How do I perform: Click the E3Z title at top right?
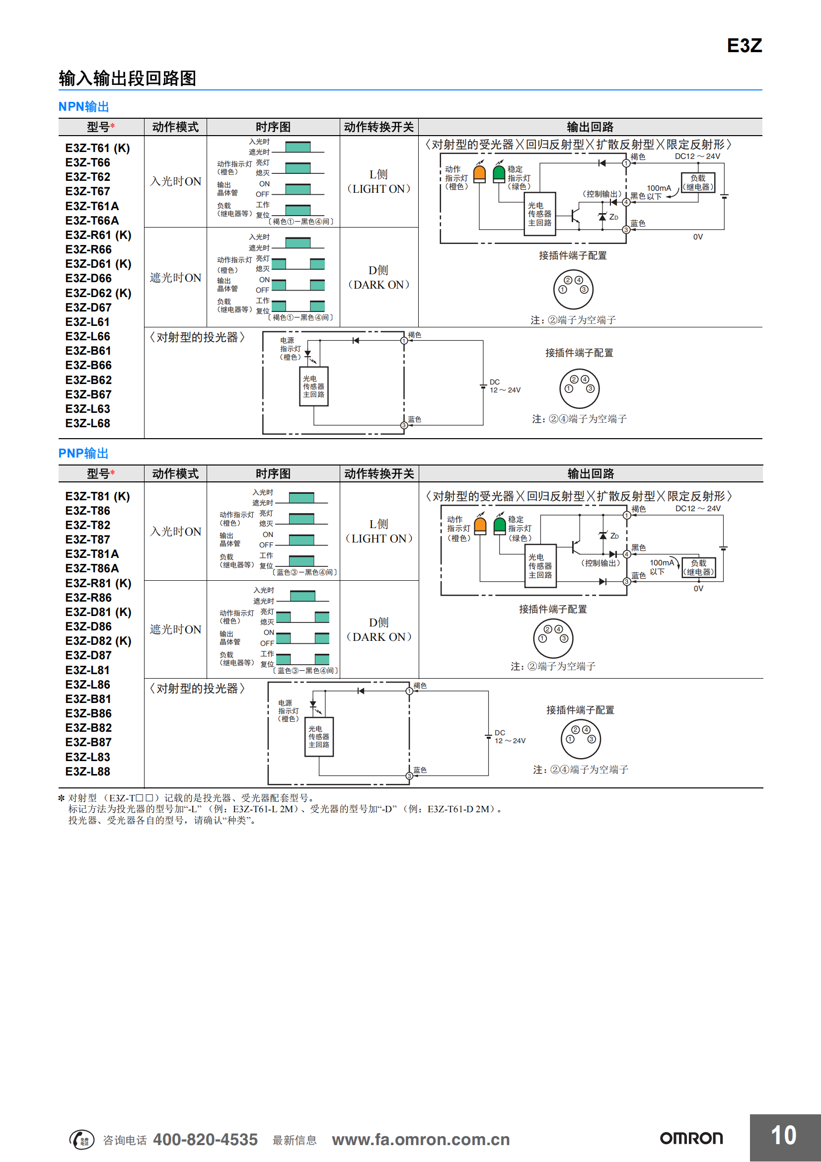point(744,46)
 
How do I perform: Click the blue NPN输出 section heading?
point(83,107)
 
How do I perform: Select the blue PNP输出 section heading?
point(83,453)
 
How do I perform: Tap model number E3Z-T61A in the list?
point(92,206)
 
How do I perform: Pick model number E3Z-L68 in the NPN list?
point(87,423)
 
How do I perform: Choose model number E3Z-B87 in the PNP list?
point(88,742)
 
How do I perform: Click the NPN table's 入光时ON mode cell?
point(175,181)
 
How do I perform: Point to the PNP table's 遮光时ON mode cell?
point(175,629)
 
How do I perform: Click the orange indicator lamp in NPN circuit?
point(479,173)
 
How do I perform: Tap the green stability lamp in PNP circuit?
point(499,525)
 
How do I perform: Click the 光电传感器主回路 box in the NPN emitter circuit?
point(313,386)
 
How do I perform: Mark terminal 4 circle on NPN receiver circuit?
point(626,202)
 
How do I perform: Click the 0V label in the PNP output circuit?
point(698,588)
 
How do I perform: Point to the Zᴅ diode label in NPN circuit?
point(613,217)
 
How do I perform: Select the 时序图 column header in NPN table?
point(273,127)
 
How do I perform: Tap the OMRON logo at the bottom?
point(691,1138)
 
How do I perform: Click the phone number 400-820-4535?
point(206,1139)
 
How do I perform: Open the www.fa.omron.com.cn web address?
point(420,1139)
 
